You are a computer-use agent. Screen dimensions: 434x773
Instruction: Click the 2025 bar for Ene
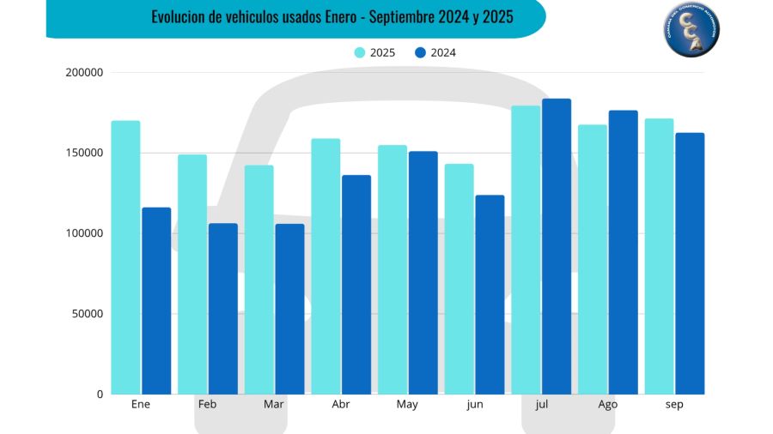(x=125, y=257)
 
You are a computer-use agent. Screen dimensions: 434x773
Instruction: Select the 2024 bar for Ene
(x=156, y=300)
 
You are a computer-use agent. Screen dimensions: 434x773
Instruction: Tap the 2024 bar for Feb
(x=223, y=309)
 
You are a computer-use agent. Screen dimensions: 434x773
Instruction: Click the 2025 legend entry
(x=375, y=52)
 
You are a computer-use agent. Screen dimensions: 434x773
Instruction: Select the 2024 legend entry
(x=435, y=52)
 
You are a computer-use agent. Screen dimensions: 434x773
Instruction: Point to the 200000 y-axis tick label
(x=84, y=73)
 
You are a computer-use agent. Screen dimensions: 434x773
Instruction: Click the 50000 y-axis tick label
(x=87, y=314)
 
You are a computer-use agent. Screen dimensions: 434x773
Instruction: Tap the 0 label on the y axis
(x=100, y=395)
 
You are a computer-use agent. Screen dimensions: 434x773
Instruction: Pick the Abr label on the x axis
(x=341, y=405)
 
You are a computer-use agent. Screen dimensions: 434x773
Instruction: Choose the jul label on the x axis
(x=541, y=405)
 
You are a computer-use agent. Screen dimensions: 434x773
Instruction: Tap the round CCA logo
(x=692, y=31)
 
